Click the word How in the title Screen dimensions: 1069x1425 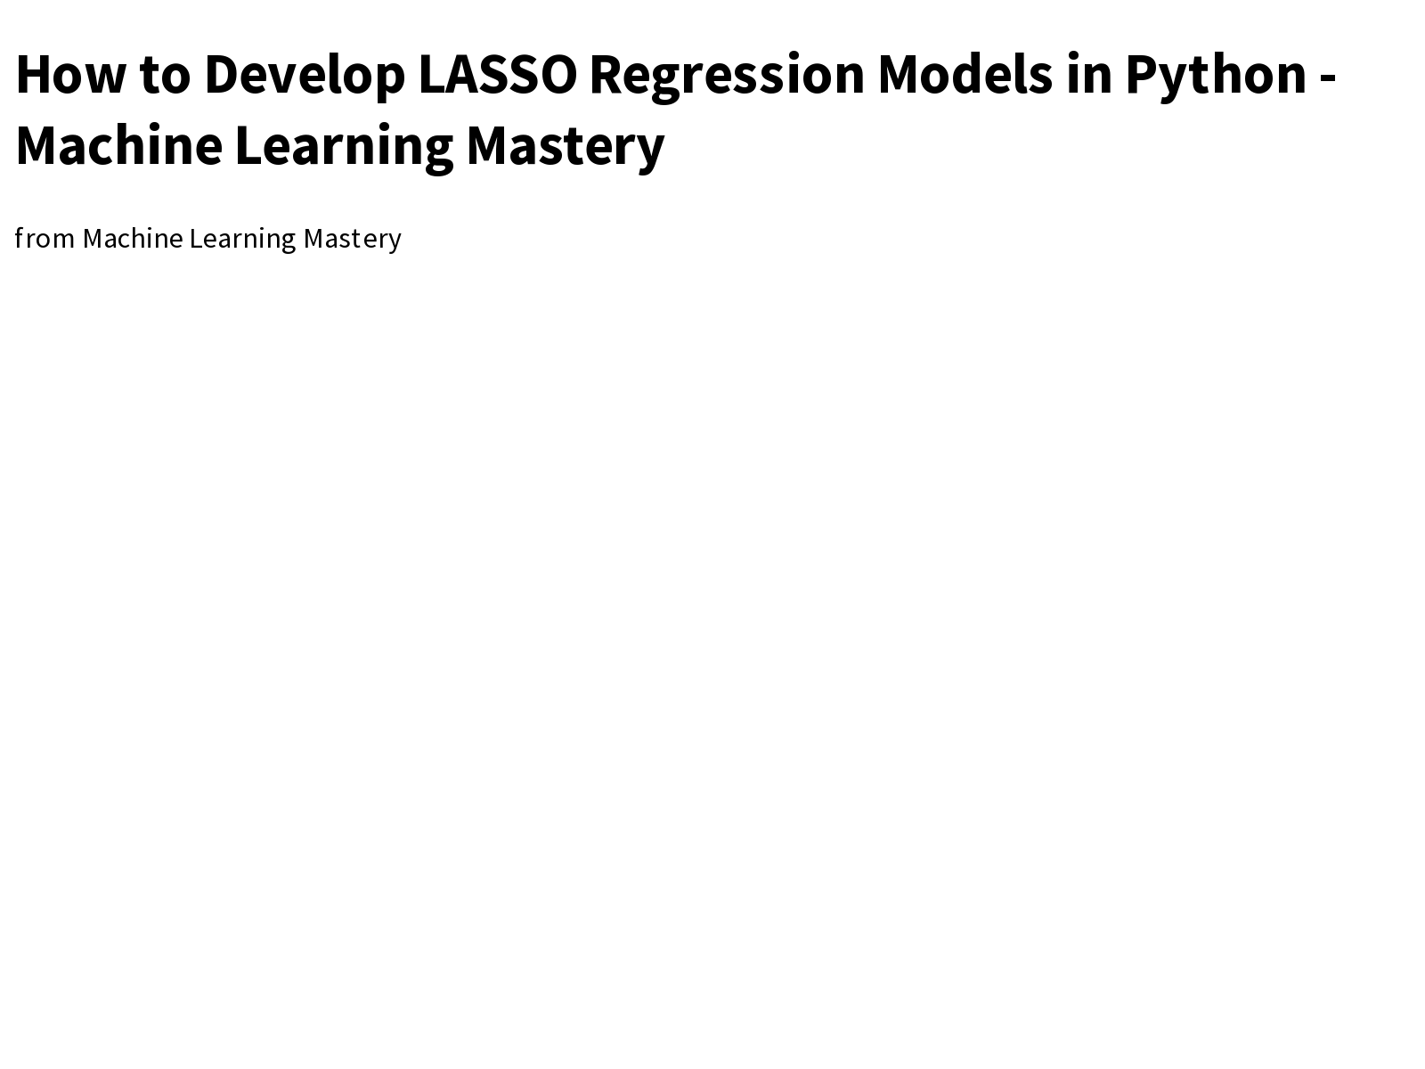tap(69, 74)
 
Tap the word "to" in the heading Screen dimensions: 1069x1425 tap(165, 74)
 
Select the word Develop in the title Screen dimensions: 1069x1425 tap(304, 76)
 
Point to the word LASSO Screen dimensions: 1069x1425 tap(497, 74)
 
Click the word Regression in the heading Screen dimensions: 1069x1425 tap(726, 76)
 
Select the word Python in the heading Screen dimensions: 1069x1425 tap(1216, 76)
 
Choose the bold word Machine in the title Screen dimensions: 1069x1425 tap(118, 145)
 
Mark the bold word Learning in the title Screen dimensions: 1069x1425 tap(344, 147)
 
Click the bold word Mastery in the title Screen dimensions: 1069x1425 tap(565, 147)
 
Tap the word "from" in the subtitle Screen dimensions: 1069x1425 tap(45, 239)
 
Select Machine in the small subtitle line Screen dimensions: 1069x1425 tap(133, 239)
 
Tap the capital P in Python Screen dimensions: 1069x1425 tap(1141, 74)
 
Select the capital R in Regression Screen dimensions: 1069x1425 tap(606, 74)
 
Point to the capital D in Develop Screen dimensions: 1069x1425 tap(221, 74)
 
